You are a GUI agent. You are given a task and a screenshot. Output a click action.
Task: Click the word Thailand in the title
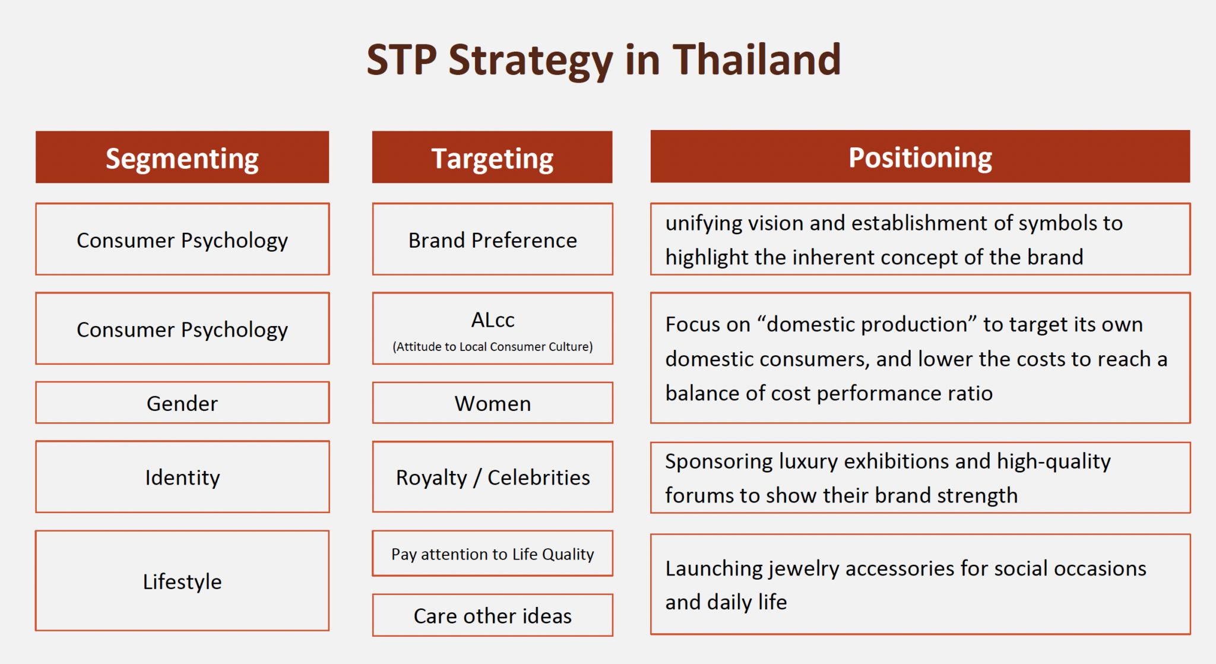click(756, 61)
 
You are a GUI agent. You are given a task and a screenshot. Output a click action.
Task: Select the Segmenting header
click(182, 158)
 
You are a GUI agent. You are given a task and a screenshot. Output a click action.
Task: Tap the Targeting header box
click(492, 158)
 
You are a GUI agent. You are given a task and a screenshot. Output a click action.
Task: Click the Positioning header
click(920, 157)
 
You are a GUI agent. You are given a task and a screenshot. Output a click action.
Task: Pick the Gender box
click(182, 403)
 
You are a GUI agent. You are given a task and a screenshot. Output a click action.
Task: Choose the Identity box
click(182, 477)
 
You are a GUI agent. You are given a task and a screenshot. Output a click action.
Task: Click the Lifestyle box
click(182, 581)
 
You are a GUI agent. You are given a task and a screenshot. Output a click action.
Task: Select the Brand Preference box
click(492, 240)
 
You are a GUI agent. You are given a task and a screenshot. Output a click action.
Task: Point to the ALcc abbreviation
click(492, 320)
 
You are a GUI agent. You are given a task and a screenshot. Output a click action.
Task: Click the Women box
click(492, 403)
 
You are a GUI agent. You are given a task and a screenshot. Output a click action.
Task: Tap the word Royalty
click(432, 478)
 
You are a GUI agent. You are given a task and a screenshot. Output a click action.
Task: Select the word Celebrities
click(539, 478)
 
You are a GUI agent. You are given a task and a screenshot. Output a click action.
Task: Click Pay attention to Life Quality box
click(492, 554)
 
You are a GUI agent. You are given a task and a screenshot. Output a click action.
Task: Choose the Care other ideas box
click(492, 616)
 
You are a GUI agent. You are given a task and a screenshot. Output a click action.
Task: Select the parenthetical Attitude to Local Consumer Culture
click(492, 347)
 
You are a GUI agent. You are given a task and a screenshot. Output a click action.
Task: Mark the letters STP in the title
click(402, 61)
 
